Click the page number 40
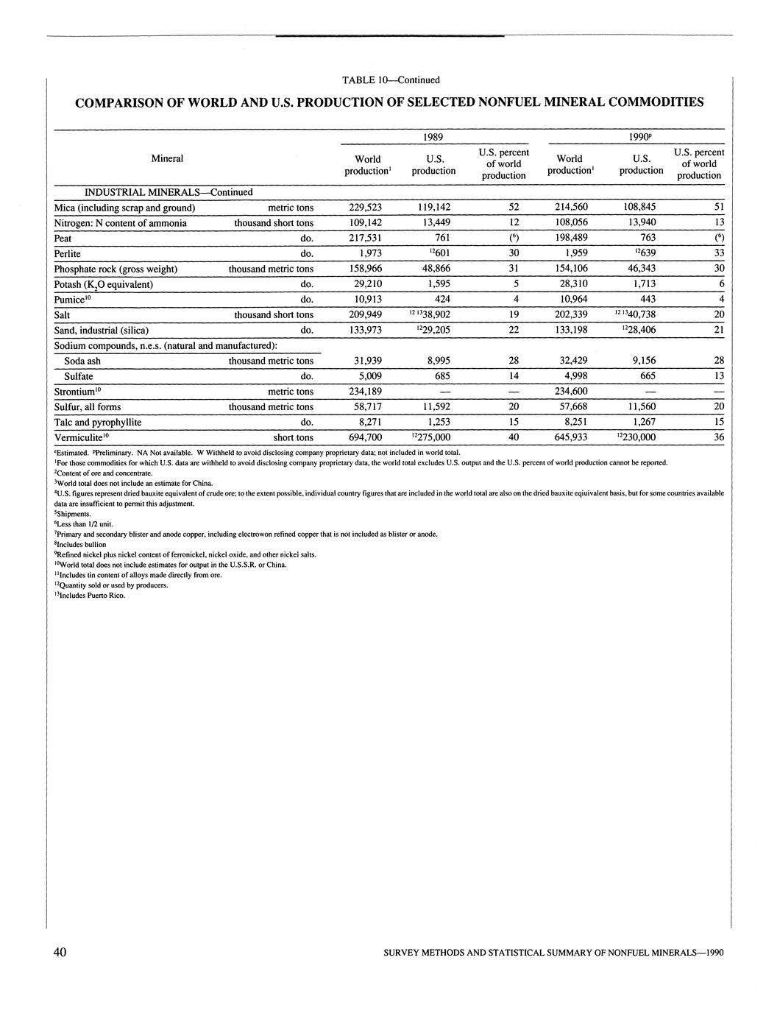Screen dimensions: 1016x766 tap(60, 952)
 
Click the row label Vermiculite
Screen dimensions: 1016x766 tap(81, 437)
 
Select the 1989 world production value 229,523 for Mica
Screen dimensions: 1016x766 tap(365, 208)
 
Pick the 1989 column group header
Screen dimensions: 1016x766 tap(433, 137)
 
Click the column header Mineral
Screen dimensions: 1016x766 tap(167, 158)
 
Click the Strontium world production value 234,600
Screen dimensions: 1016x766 tap(571, 392)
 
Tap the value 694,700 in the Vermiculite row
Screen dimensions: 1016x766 tap(365, 437)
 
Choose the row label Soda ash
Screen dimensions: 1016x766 tap(82, 361)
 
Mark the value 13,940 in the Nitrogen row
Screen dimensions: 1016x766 tap(641, 223)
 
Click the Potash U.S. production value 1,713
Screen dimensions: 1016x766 tap(641, 284)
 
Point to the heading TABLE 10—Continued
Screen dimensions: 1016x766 tap(391, 80)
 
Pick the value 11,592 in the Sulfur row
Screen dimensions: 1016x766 tap(433, 407)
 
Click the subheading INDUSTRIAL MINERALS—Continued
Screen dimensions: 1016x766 tap(169, 192)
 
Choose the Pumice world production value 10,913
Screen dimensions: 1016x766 tap(365, 300)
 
